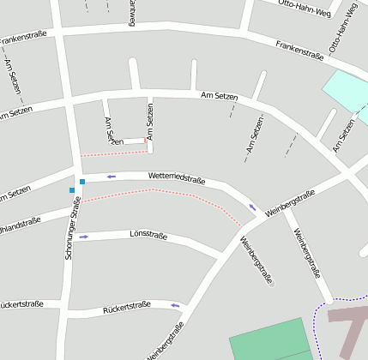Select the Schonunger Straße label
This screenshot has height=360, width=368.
74,228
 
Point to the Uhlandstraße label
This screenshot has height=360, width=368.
19,225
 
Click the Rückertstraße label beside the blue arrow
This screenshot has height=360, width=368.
126,305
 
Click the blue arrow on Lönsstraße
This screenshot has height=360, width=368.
84,237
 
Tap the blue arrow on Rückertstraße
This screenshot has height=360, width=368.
175,304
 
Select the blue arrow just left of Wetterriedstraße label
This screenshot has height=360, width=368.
111,177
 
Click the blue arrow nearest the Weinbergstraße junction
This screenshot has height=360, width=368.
252,207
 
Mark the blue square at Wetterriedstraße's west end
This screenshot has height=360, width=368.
82,182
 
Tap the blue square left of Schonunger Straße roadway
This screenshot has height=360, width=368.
72,189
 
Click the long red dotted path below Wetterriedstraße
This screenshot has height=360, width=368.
163,194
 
